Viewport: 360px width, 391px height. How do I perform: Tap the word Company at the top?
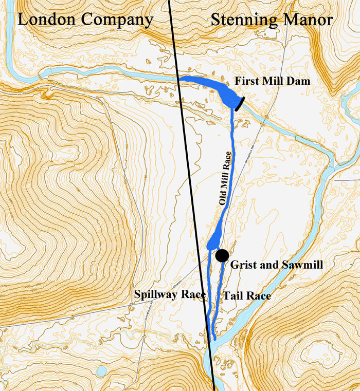(118, 21)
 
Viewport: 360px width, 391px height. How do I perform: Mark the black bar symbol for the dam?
(239, 103)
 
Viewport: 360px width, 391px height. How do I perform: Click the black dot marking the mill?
(222, 255)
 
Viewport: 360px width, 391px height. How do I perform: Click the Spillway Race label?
(170, 295)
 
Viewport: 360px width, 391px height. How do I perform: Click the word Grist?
(241, 265)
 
